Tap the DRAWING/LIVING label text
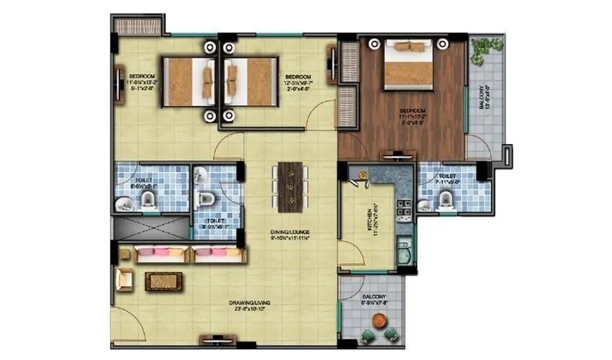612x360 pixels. click(224, 302)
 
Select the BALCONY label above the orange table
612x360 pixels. click(374, 297)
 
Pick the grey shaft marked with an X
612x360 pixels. click(150, 227)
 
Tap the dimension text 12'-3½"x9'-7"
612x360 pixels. click(297, 84)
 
